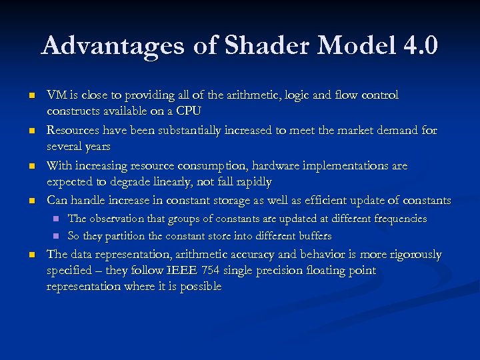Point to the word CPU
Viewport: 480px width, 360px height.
pyautogui.click(x=191, y=110)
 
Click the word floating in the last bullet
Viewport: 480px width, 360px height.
pyautogui.click(x=328, y=271)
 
